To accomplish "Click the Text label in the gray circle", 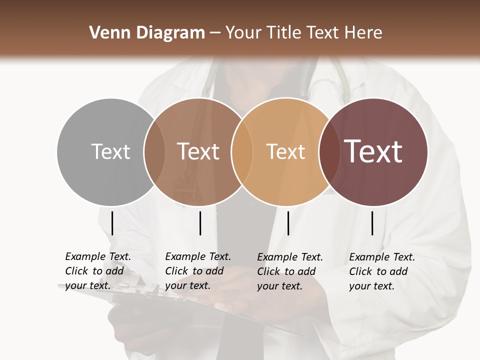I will coord(110,151).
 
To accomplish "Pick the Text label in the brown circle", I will coord(198,151).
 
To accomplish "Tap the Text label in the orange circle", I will coord(285,151).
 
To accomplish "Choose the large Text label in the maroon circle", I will coord(373,151).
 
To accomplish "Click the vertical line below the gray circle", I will coord(112,223).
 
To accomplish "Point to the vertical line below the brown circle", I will coord(200,223).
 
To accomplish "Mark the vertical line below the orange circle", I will coord(288,223).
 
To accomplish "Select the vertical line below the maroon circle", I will coord(372,223).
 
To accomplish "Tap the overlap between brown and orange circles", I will coord(241,152).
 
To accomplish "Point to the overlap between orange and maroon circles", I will coord(328,152).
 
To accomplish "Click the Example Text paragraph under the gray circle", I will coord(98,271).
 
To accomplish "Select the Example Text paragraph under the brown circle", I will coord(198,271).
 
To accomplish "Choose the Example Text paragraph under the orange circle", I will coord(290,271).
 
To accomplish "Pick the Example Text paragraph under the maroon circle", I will coord(382,271).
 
